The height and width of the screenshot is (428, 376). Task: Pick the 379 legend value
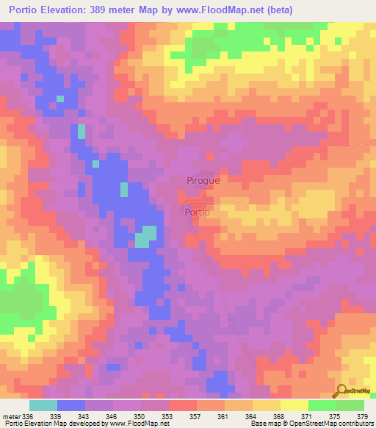(x=361, y=416)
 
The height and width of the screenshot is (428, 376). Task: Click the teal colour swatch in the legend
(x=43, y=405)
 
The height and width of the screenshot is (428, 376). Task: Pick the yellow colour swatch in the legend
(x=294, y=405)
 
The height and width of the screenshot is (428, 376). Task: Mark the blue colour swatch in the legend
(x=71, y=405)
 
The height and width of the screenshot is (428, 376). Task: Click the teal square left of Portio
(x=145, y=236)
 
